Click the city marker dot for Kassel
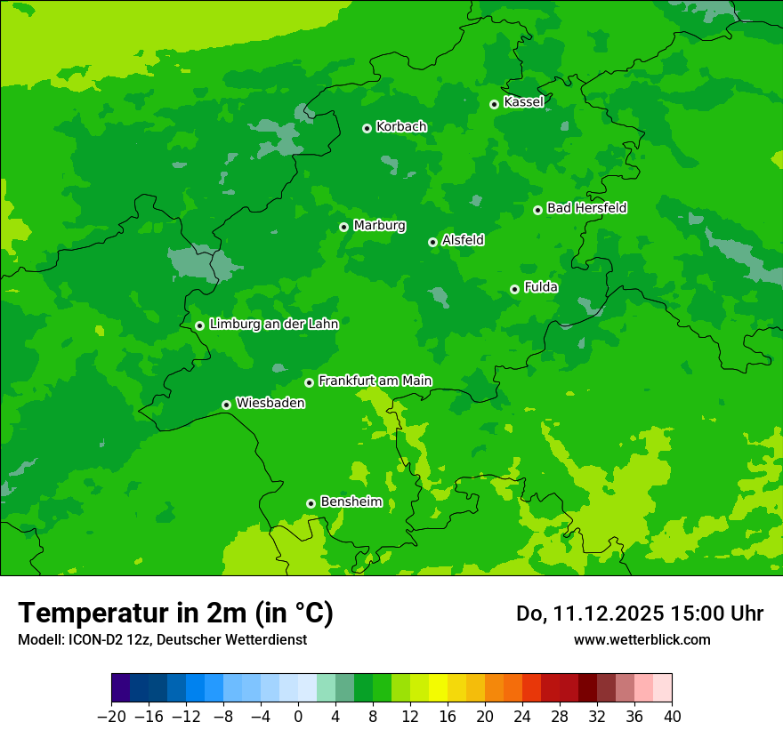point(494,104)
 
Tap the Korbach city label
point(401,127)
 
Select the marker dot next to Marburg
point(343,227)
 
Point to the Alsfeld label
point(463,240)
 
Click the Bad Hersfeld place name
point(586,208)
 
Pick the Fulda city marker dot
point(514,289)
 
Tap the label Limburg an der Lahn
point(273,325)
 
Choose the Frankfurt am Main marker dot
point(309,382)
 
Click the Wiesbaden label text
point(270,403)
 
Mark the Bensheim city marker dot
point(311,503)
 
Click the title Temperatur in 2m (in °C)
point(175,613)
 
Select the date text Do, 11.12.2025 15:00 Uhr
point(639,614)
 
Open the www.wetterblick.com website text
point(642,639)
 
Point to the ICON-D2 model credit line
point(162,639)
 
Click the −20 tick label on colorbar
point(111,716)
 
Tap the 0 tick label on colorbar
point(298,716)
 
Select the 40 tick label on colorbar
point(672,716)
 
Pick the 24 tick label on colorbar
point(522,716)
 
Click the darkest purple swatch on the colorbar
point(121,688)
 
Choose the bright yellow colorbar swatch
point(438,688)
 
